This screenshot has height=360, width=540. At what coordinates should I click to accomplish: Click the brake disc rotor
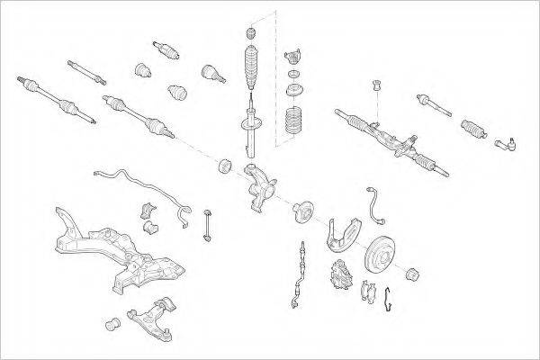point(382,253)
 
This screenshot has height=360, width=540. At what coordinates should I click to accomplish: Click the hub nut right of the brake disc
point(415,273)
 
